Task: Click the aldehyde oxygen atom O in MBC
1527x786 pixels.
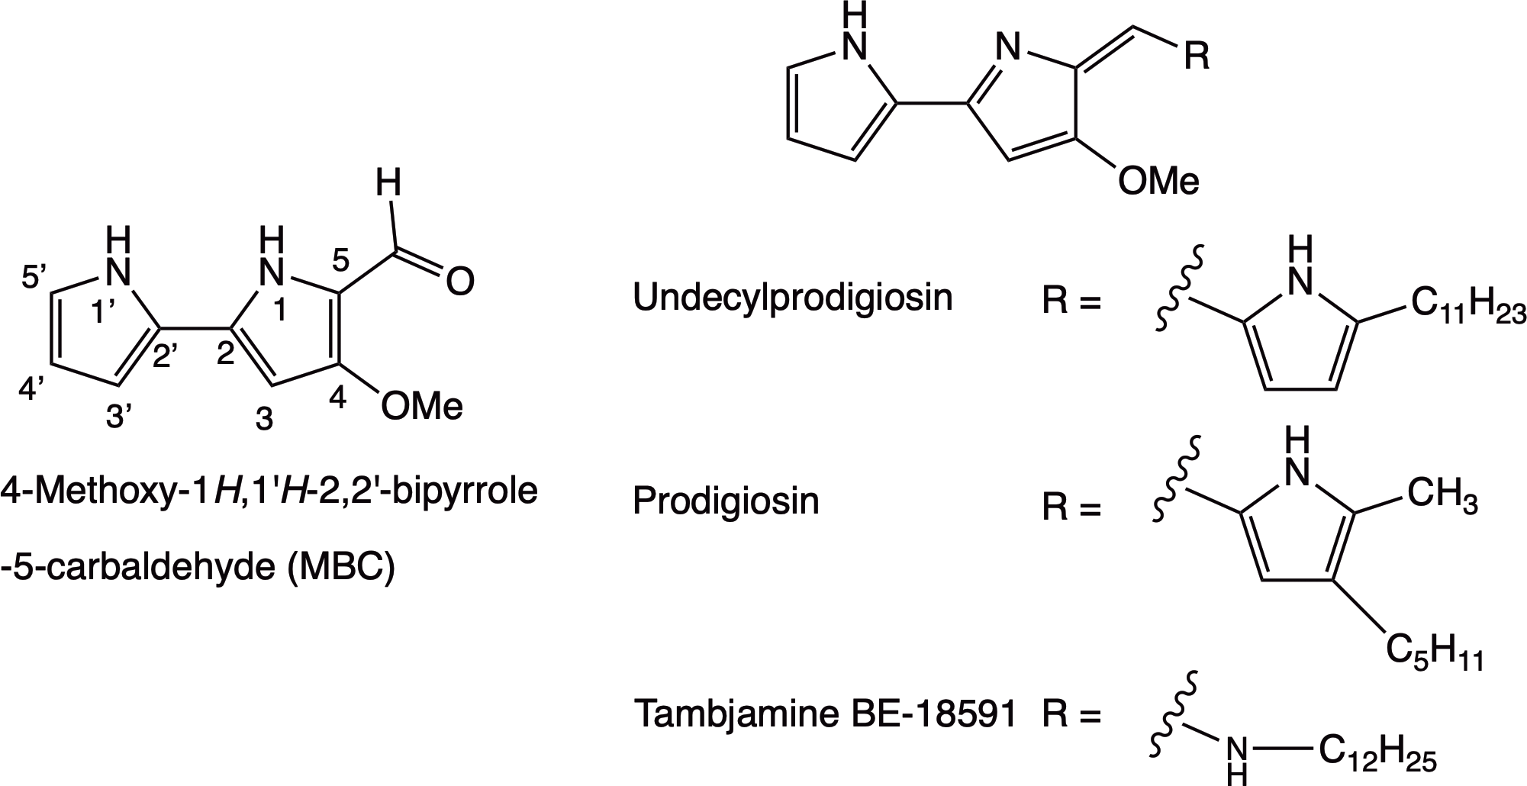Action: [459, 282]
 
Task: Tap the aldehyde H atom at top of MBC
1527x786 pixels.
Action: [388, 185]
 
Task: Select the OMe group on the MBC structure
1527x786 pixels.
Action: [422, 406]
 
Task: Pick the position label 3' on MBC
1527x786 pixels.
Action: [119, 417]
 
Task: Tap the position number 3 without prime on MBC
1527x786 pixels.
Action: [264, 419]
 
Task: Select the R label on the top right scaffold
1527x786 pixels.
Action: [1197, 56]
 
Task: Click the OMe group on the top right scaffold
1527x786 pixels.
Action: [1158, 182]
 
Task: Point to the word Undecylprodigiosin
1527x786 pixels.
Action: [793, 298]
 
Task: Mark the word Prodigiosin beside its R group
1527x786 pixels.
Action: [726, 502]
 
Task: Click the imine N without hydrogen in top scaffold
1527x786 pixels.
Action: [1009, 49]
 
